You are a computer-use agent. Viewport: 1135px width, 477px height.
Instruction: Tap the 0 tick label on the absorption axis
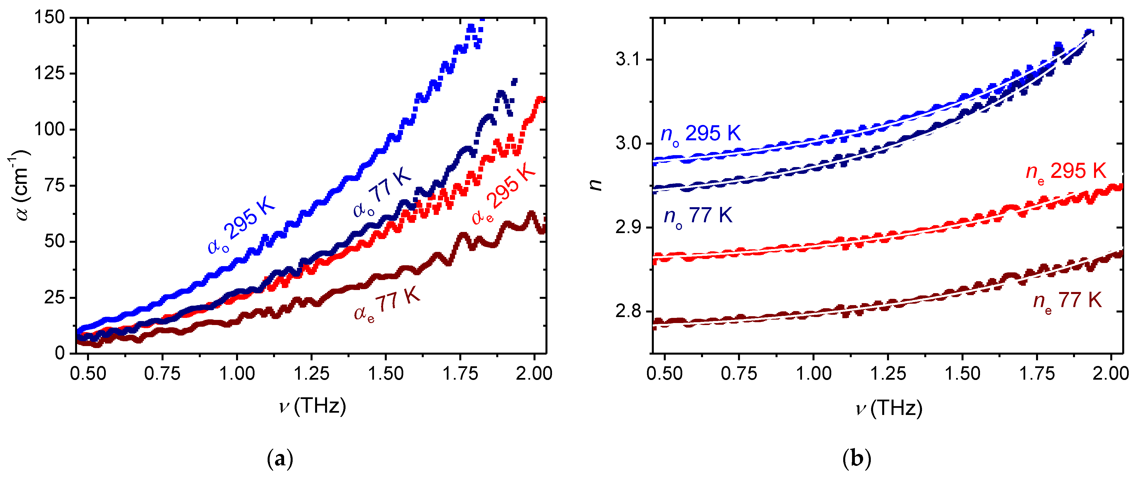click(x=60, y=353)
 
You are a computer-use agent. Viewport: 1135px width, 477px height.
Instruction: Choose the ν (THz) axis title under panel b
click(x=888, y=408)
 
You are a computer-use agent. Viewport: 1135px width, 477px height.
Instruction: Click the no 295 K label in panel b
click(x=700, y=134)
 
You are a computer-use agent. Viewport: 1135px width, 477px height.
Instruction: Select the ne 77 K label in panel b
click(x=1067, y=302)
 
